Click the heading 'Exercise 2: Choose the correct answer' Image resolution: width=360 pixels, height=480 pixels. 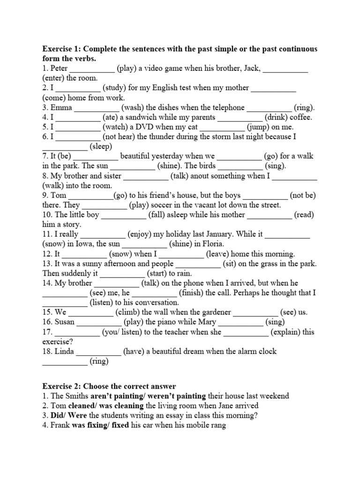coord(109,386)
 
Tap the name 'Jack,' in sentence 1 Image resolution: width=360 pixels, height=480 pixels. coord(250,68)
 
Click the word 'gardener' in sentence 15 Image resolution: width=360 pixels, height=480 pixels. coord(216,312)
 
